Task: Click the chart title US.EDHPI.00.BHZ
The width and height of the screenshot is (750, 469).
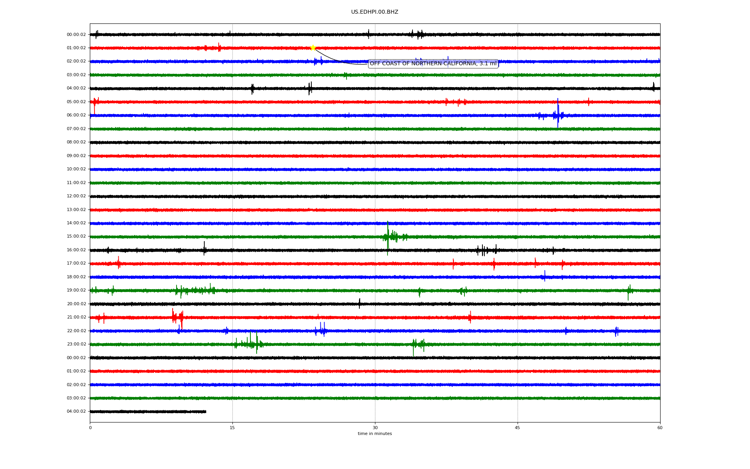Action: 375,12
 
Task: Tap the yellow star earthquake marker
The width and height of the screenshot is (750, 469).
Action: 313,48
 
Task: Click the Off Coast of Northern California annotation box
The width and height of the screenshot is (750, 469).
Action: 433,63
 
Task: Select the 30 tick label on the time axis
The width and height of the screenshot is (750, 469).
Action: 375,428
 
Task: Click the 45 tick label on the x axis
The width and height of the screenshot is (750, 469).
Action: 518,428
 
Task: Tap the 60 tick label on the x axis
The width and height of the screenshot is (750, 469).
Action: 660,428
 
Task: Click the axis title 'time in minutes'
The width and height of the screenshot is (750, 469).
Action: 375,433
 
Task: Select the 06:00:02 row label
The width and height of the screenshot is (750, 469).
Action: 76,115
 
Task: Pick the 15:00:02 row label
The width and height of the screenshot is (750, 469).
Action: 76,236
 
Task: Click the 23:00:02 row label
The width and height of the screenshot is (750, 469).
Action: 76,344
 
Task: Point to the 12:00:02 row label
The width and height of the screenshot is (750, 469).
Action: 76,196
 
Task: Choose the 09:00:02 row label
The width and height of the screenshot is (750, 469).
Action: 76,156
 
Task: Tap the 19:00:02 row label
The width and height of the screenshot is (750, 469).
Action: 76,290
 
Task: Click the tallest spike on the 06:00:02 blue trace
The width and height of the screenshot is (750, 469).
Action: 558,113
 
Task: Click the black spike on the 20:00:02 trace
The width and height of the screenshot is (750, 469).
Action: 359,303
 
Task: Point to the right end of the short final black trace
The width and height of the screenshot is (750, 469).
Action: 206,412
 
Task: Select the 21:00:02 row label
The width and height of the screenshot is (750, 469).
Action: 76,317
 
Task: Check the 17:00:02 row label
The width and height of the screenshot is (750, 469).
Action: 76,263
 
